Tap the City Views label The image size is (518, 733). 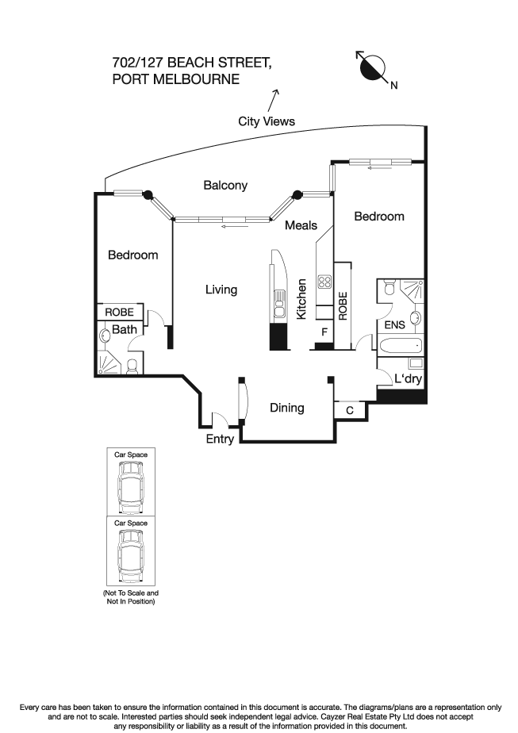[267, 121]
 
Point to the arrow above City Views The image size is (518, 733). [274, 100]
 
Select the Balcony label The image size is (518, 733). [225, 186]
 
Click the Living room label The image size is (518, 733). [221, 290]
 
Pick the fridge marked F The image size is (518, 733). [324, 332]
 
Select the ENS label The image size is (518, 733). [394, 325]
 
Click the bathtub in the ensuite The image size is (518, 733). [401, 346]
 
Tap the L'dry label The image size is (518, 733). [408, 379]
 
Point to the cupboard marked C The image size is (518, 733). [350, 410]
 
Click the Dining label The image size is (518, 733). [286, 408]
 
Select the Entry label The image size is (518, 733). [220, 439]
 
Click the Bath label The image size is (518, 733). [123, 329]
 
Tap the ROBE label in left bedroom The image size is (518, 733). [120, 313]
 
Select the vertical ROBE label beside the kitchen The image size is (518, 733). [343, 305]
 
